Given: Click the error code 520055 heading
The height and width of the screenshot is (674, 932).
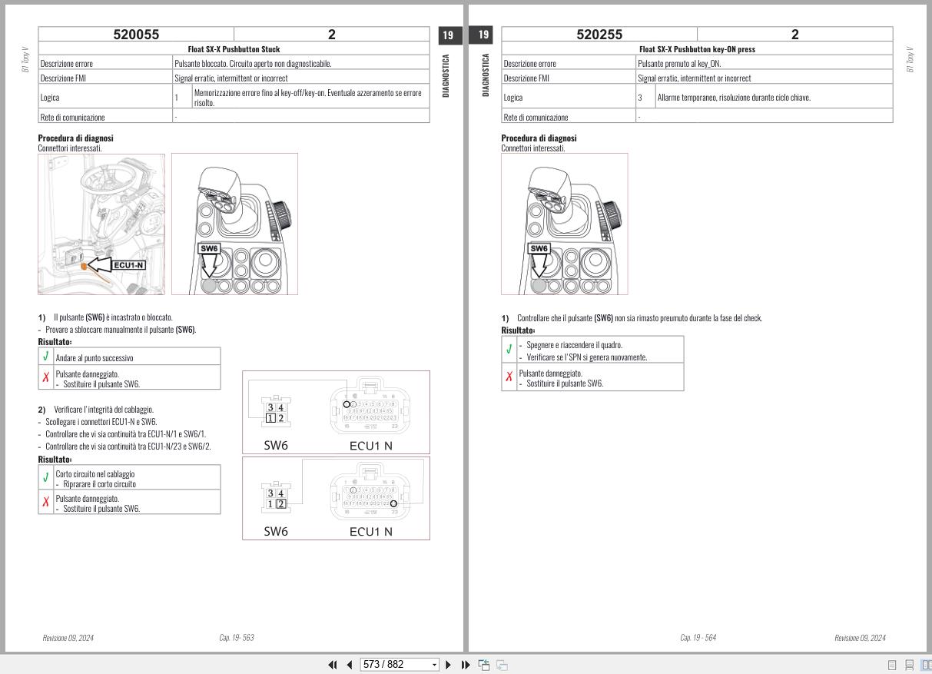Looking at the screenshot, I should point(136,35).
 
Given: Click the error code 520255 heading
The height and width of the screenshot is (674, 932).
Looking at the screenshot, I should point(599,35).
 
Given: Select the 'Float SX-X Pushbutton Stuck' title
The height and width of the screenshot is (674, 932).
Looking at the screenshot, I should point(234,49).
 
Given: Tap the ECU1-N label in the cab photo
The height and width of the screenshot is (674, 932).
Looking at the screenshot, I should point(129,265).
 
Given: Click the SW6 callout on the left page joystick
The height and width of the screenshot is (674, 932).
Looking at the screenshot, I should point(209,248).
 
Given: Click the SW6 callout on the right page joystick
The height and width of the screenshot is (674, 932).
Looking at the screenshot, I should point(539,248).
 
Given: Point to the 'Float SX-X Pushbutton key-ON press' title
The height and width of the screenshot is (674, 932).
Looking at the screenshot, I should point(697,49).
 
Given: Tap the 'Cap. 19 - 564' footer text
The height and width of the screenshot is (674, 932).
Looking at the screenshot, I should point(698,638).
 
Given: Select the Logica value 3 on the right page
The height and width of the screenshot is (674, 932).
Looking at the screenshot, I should point(639,98).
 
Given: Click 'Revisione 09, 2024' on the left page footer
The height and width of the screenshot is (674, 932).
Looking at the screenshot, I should point(68,638).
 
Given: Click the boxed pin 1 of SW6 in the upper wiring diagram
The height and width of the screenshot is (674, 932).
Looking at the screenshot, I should point(270,418).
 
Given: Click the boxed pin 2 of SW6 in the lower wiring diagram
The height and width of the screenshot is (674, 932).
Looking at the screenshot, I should point(280,504).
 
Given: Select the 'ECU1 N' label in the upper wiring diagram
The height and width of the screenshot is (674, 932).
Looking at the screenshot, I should point(370,445).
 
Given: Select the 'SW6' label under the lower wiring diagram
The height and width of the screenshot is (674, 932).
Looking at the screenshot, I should point(276,531).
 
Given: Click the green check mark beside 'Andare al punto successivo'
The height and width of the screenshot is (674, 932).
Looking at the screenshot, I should point(46,357).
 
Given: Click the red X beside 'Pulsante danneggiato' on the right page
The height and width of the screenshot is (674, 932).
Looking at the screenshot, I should point(509,377).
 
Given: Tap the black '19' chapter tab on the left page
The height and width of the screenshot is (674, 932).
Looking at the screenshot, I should point(449,35).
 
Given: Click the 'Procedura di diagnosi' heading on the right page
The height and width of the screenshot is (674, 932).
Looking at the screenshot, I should point(539,138).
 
